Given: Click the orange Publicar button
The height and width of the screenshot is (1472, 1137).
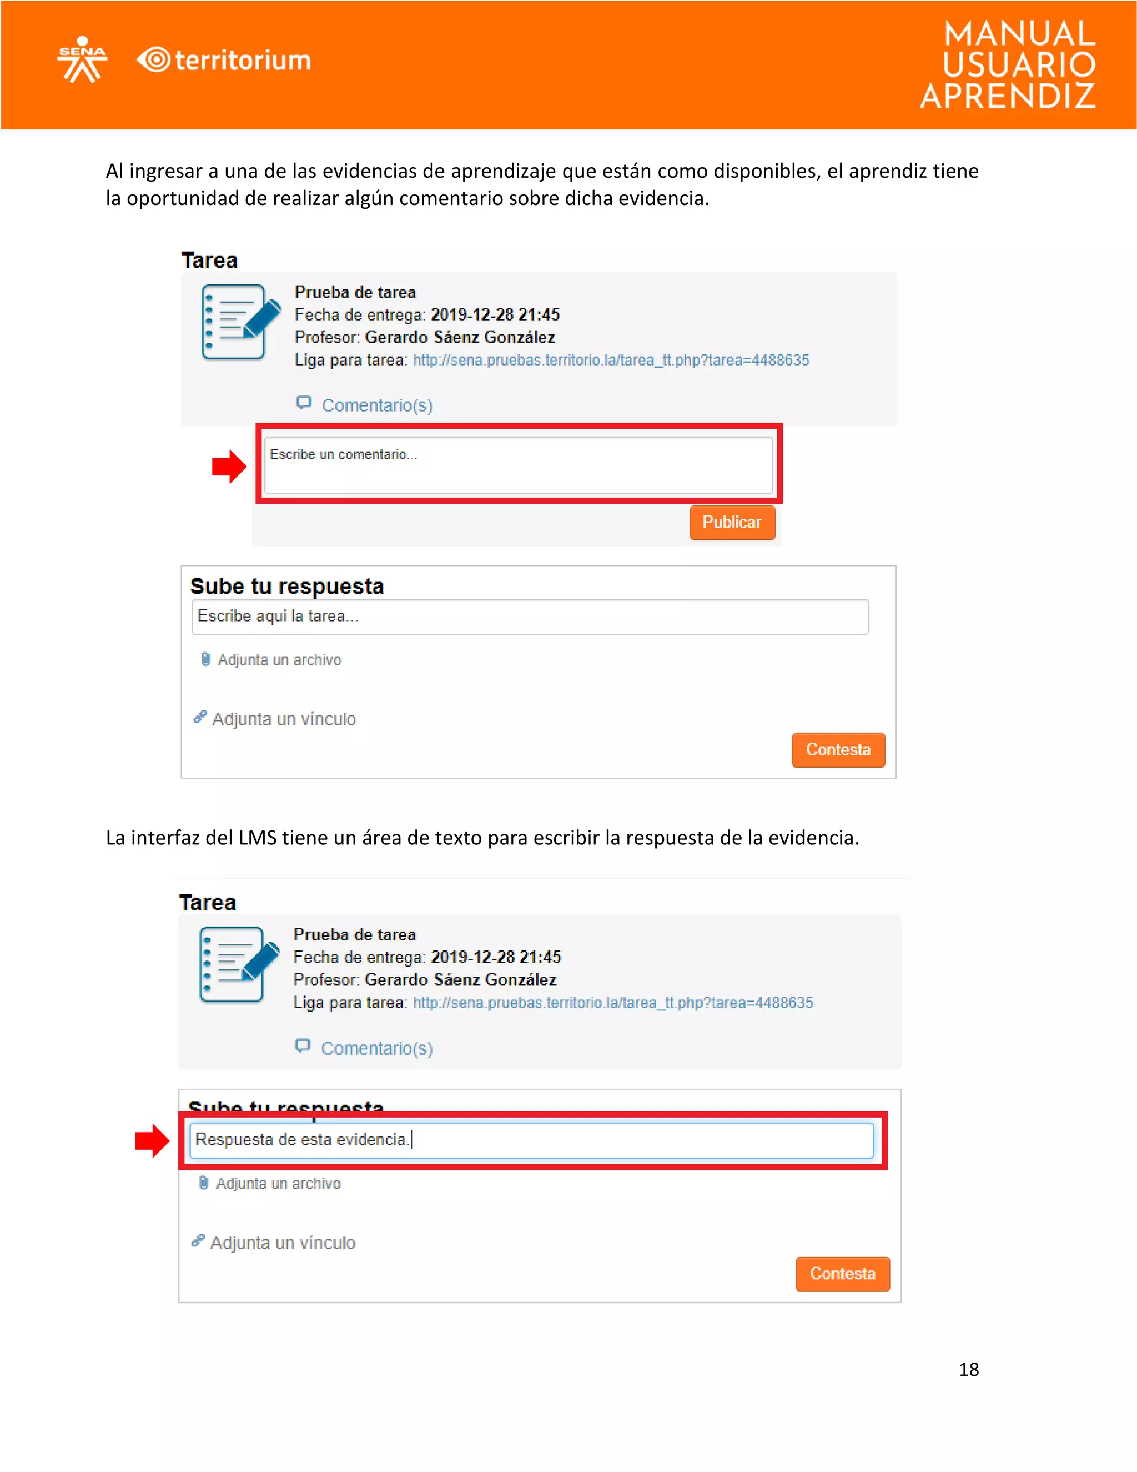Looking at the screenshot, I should pos(732,522).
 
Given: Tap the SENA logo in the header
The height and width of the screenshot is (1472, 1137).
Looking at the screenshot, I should pos(82,59).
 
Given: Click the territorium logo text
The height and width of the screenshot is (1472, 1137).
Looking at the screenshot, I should pos(243,61).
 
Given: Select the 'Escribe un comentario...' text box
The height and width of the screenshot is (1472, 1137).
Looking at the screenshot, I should pos(518,464).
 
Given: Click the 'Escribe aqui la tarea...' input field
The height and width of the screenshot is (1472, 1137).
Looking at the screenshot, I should pos(530,617).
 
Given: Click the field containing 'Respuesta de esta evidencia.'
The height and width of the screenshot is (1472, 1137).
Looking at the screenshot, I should pos(531,1140).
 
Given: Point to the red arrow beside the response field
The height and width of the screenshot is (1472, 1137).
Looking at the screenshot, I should pos(152,1140).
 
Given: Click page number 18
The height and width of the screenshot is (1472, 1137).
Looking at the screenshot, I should pos(969,1370).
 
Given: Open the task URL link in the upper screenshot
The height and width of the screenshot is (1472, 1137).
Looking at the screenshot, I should pos(611,360).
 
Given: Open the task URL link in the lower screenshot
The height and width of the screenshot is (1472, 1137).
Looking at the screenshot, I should pos(613,1003).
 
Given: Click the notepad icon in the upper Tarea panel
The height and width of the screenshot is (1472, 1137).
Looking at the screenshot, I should pos(240,322).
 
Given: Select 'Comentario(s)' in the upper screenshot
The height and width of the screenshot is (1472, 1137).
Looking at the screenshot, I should pos(376,405).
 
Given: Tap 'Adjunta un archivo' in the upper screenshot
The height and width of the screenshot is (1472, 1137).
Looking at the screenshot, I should pos(279,660).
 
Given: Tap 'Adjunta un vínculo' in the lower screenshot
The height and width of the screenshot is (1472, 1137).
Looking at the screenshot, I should pos(282,1243).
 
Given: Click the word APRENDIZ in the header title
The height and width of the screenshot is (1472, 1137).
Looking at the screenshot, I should pos(1008,97).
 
